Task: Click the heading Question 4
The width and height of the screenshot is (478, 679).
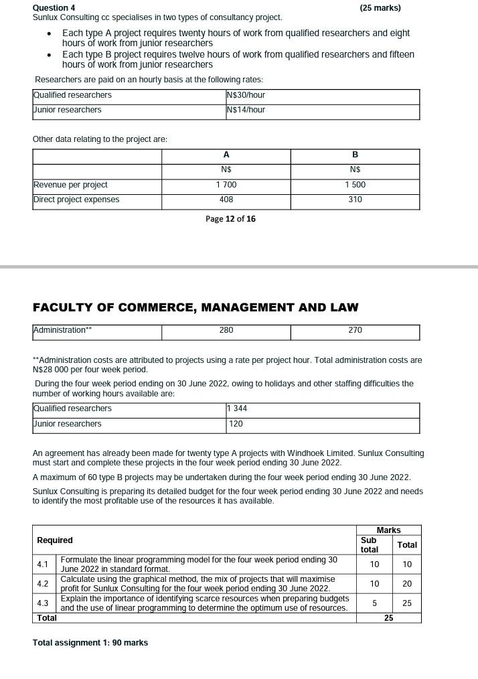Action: pyautogui.click(x=54, y=8)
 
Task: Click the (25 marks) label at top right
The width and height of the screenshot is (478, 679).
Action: pyautogui.click(x=380, y=8)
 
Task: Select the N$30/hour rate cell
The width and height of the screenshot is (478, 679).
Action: pyautogui.click(x=246, y=95)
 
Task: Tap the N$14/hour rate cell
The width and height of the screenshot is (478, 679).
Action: pyautogui.click(x=246, y=110)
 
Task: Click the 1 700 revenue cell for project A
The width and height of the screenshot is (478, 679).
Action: pyautogui.click(x=226, y=185)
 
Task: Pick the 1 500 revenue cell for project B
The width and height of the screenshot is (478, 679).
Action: pyautogui.click(x=355, y=185)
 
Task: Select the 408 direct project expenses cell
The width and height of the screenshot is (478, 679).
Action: pyautogui.click(x=226, y=200)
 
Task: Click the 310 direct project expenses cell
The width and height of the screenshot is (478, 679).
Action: pyautogui.click(x=355, y=200)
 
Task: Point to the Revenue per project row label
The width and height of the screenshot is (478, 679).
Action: pyautogui.click(x=70, y=185)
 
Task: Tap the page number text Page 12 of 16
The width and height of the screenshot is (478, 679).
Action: pyautogui.click(x=230, y=219)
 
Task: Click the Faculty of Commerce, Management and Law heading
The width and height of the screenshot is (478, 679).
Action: pyautogui.click(x=195, y=307)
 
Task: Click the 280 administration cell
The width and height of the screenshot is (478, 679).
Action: pyautogui.click(x=226, y=330)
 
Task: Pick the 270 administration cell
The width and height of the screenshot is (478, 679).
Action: pyautogui.click(x=355, y=330)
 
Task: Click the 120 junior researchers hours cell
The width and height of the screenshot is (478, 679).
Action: pyautogui.click(x=236, y=424)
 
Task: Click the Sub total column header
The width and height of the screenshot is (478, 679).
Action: pyautogui.click(x=369, y=544)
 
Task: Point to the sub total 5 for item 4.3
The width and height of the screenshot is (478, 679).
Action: pyautogui.click(x=374, y=603)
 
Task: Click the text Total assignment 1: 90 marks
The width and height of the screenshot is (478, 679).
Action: pyautogui.click(x=90, y=643)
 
